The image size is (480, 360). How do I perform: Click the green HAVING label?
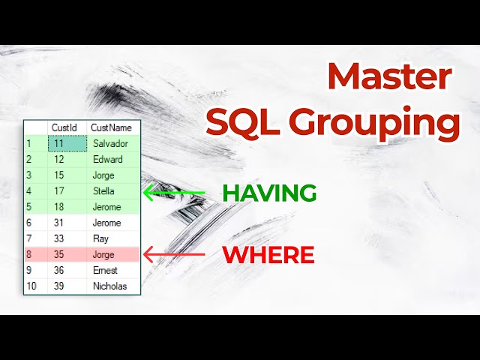pyautogui.click(x=269, y=193)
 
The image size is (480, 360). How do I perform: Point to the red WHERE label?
pyautogui.click(x=268, y=255)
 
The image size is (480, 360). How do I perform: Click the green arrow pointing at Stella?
pyautogui.click(x=173, y=192)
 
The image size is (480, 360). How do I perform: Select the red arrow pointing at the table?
pyautogui.click(x=173, y=255)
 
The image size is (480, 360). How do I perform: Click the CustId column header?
pyautogui.click(x=65, y=128)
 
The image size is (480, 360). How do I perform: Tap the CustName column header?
pyautogui.click(x=111, y=128)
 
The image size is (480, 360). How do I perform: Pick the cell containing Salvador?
pyautogui.click(x=110, y=143)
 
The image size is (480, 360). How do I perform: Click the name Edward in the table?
pyautogui.click(x=108, y=159)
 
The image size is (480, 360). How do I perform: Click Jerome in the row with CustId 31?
pyautogui.click(x=107, y=223)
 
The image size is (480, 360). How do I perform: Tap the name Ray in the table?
pyautogui.click(x=101, y=238)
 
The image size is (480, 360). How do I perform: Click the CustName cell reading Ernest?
pyautogui.click(x=106, y=270)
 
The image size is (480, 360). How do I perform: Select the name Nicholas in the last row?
pyautogui.click(x=110, y=286)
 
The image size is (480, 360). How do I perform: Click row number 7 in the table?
pyautogui.click(x=29, y=238)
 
